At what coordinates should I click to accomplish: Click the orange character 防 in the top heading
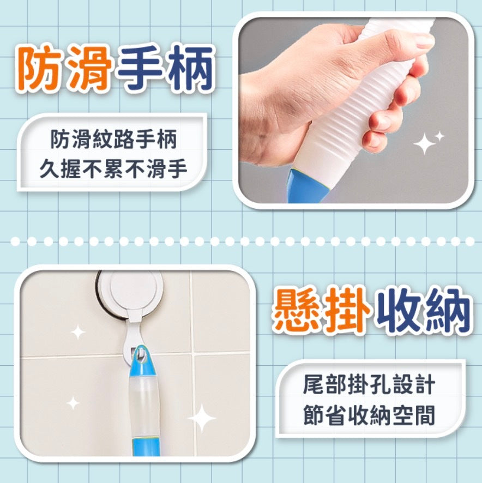pyautogui.click(x=40, y=68)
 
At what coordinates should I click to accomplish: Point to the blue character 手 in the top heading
pyautogui.click(x=141, y=68)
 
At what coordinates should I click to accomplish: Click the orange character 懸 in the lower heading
pyautogui.click(x=297, y=311)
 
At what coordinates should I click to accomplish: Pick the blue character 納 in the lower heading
pyautogui.click(x=449, y=311)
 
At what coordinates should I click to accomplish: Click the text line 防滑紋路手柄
pyautogui.click(x=113, y=140)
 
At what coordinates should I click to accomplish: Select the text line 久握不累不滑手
pyautogui.click(x=113, y=169)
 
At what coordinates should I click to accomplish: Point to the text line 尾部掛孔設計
pyautogui.click(x=369, y=385)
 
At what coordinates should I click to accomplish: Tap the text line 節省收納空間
pyautogui.click(x=369, y=415)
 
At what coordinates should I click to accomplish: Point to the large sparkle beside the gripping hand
pyautogui.click(x=424, y=143)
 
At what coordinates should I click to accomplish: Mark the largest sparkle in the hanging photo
pyautogui.click(x=202, y=418)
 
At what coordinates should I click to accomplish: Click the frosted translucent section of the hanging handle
pyautogui.click(x=144, y=406)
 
